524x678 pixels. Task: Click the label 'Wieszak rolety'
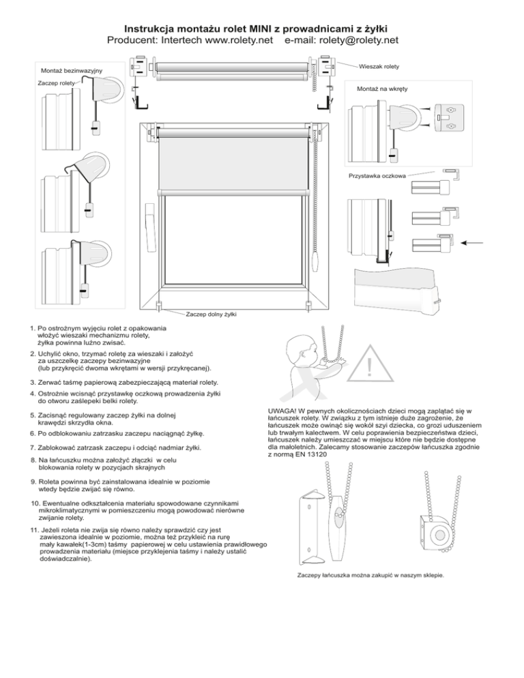coord(381,66)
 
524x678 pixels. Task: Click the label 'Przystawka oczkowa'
coord(378,176)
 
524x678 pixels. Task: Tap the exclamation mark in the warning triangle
coord(369,369)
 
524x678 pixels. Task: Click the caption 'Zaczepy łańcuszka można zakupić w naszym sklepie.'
coord(371,575)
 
